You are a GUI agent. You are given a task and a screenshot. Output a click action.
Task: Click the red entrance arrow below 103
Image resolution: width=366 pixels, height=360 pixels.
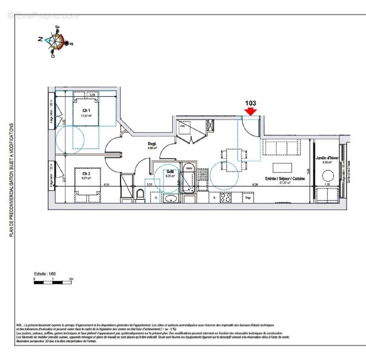tap(251, 111)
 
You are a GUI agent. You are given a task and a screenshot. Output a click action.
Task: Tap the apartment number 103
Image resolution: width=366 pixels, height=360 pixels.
tap(251, 103)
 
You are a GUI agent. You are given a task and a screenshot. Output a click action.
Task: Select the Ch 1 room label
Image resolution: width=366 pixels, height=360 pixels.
tap(86, 110)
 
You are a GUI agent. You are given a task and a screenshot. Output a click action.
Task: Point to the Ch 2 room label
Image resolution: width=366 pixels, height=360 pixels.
tap(86, 173)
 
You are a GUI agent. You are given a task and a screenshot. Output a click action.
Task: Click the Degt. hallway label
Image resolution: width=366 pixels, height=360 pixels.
tap(152, 144)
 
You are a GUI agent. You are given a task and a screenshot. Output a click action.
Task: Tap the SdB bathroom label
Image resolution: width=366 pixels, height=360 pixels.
tap(170, 172)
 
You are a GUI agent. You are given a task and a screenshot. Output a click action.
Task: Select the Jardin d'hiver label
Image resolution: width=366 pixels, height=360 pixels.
tap(327, 158)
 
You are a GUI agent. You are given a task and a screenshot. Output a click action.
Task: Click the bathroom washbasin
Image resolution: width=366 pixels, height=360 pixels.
tap(171, 198)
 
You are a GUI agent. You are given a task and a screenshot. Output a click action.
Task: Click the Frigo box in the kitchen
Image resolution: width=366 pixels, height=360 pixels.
tap(247, 197)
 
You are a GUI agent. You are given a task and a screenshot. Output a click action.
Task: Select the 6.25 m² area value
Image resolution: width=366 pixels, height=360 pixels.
tap(170, 176)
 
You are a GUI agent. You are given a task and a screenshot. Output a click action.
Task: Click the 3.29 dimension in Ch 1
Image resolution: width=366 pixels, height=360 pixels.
tap(92, 95)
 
